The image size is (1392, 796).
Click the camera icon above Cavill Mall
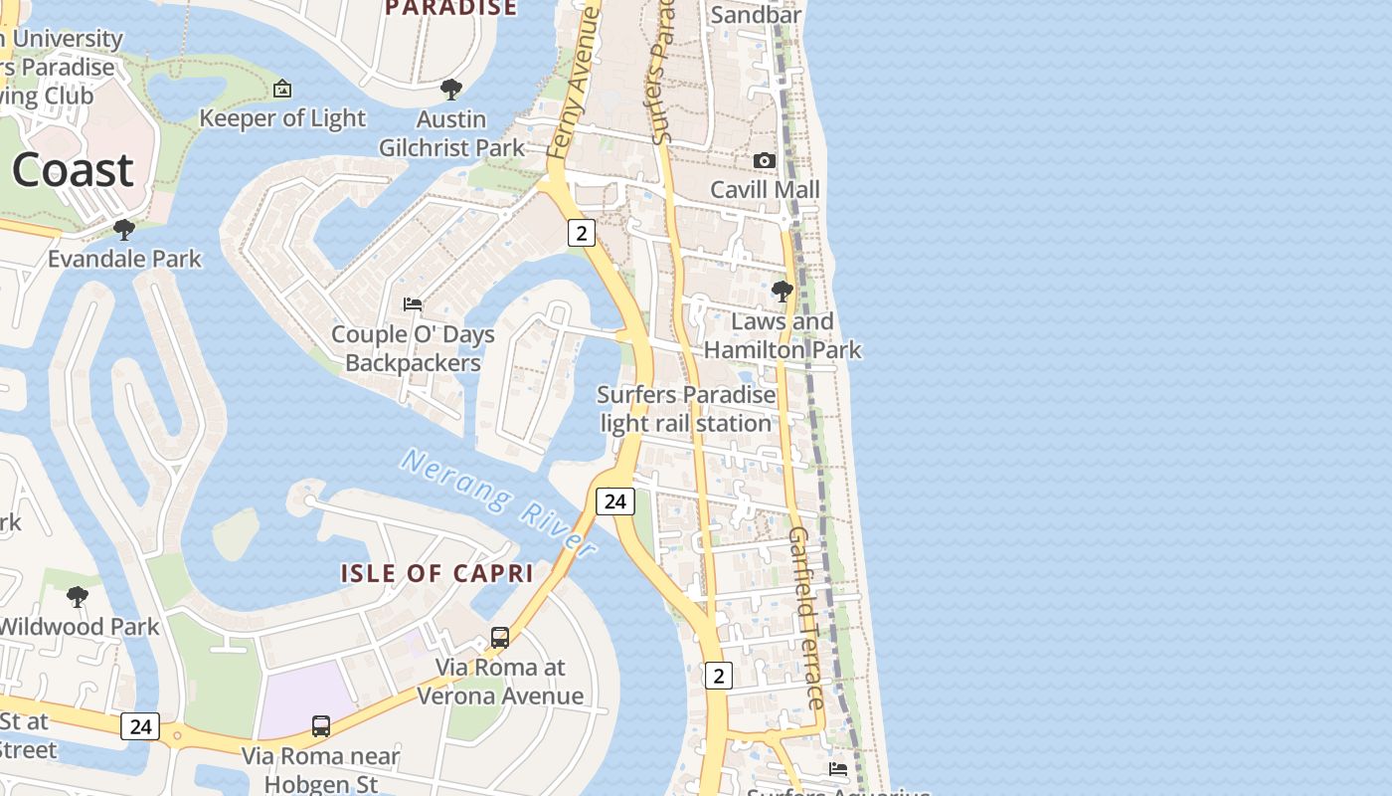764,160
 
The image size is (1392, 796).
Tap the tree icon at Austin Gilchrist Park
451,90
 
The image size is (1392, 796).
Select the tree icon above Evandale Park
124,230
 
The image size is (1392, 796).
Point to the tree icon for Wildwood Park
77,597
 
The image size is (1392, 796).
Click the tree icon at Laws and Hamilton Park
783,292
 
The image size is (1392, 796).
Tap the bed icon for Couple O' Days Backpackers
413,303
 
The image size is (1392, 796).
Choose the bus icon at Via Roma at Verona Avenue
500,638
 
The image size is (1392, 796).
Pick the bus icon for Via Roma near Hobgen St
320,726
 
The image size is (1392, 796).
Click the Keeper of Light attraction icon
282,89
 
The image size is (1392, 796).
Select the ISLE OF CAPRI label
437,573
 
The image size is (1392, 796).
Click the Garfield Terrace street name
805,618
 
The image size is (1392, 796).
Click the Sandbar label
756,15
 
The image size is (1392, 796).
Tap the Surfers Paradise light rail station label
686,409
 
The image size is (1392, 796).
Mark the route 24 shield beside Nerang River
614,500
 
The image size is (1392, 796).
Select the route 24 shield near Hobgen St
140,726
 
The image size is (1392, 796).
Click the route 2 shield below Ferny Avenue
581,233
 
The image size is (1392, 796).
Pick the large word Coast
73,170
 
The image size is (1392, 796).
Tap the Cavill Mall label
765,189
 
